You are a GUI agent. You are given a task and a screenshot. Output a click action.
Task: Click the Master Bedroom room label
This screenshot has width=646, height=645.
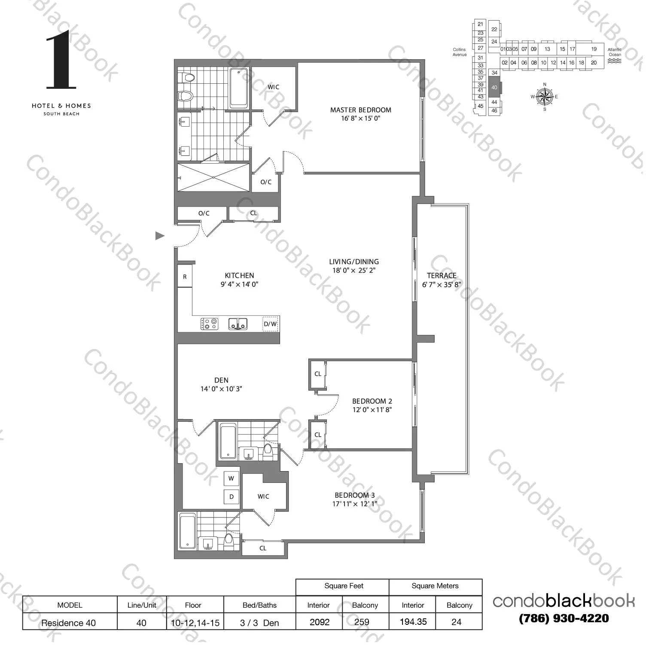coord(360,110)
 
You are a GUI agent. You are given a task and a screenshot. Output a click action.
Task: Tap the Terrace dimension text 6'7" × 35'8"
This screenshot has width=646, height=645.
coord(442,284)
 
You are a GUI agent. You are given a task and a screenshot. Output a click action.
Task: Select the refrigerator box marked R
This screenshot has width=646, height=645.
coord(185,277)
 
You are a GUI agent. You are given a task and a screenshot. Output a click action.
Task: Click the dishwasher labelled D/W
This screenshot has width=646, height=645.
coord(270,324)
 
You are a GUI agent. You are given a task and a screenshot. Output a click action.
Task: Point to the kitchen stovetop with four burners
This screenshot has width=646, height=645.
coord(209,324)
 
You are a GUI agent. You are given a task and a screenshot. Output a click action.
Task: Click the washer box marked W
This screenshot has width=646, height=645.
coord(231,478)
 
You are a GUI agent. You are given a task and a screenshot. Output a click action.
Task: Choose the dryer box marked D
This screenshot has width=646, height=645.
coord(231,497)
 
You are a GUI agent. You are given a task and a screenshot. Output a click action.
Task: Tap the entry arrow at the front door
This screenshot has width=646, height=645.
coord(160,235)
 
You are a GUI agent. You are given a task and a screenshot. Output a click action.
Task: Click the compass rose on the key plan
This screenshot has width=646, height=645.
coord(544,97)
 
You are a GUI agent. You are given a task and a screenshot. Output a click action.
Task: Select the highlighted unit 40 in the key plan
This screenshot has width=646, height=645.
coord(494,88)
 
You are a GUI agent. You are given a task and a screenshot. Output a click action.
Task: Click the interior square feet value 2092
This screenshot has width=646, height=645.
coord(319,622)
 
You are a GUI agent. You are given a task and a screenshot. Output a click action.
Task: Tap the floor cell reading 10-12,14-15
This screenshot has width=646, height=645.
coord(193,622)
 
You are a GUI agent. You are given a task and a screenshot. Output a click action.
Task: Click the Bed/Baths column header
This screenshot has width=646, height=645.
coord(259,605)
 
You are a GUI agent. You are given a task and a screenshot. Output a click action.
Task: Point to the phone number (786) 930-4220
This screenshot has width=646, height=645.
coord(564,618)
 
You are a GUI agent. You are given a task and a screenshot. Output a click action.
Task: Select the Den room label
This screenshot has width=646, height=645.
coord(221,380)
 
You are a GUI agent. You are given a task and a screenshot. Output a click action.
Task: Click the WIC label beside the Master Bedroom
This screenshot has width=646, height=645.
coord(273,87)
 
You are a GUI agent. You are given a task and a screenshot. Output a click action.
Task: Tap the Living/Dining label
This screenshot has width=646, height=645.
coord(354,262)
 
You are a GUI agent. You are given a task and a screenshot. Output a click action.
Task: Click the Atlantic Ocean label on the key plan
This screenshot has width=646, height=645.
coord(615,52)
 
